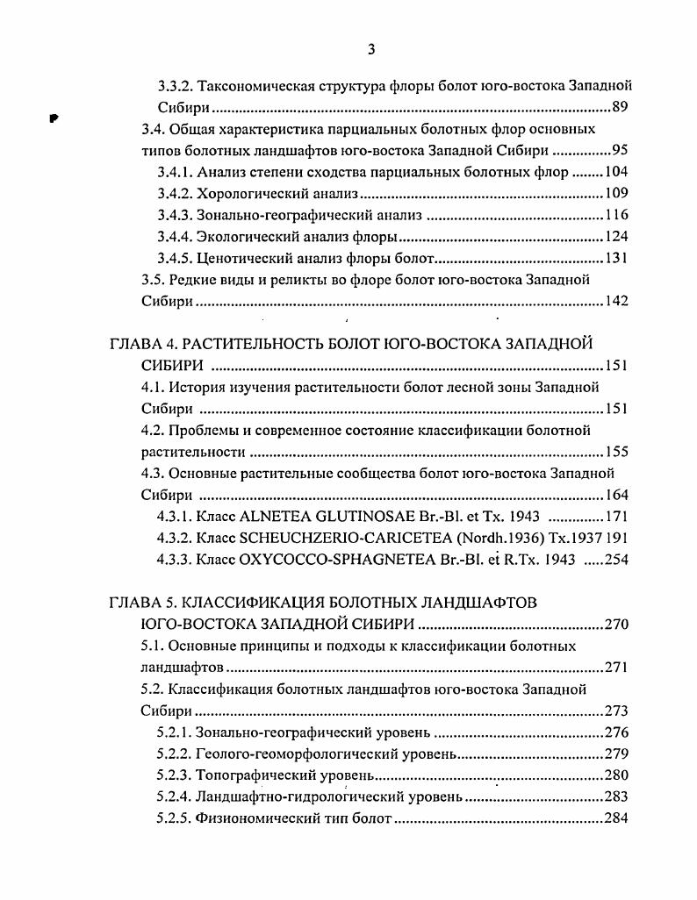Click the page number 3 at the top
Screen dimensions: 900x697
pos(370,49)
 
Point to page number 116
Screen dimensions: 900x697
pos(617,215)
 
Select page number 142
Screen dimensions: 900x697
pos(617,301)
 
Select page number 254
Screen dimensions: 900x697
pos(617,560)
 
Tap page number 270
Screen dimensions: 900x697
pos(617,625)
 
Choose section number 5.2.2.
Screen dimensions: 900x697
pos(174,754)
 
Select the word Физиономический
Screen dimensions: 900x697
pos(256,818)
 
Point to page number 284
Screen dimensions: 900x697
pos(617,818)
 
